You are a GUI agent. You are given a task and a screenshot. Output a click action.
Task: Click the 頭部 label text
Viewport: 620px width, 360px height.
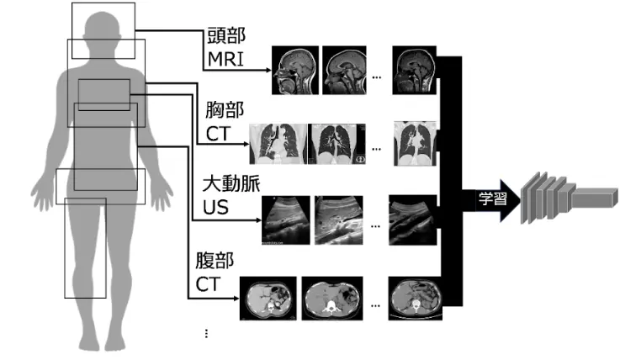coord(226,35)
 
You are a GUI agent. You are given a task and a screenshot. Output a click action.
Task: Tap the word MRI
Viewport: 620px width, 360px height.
coord(225,59)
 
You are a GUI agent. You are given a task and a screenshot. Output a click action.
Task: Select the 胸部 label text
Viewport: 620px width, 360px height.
coord(225,110)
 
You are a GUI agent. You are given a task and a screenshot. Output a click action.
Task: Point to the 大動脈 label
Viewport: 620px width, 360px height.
coord(231,183)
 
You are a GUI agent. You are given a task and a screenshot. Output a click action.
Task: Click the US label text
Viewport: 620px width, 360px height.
coord(216,208)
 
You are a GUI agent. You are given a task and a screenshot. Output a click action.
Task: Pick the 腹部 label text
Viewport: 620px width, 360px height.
coord(215,261)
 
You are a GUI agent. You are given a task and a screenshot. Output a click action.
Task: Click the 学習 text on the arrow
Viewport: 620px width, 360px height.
coord(493,199)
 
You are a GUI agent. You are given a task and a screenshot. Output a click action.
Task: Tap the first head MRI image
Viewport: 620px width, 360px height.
coord(295,71)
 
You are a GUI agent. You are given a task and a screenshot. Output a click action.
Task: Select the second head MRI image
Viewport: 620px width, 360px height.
coord(344,71)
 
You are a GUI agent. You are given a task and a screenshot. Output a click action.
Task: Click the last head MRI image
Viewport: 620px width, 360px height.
coord(415,71)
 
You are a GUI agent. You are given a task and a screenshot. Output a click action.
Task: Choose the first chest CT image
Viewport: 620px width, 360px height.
coord(278,144)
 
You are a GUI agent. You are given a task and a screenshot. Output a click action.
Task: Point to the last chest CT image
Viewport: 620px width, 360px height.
coord(416,144)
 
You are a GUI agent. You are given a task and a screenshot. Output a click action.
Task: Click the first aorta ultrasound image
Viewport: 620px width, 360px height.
coord(286,220)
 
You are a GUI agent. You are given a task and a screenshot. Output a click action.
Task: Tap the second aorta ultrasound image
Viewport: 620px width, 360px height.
coord(339,220)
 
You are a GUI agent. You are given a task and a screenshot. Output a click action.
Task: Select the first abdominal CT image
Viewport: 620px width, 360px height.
coord(268,299)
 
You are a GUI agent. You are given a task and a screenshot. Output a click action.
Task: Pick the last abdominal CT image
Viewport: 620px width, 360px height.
coord(416,299)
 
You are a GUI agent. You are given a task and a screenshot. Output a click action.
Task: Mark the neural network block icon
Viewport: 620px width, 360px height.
coord(569,198)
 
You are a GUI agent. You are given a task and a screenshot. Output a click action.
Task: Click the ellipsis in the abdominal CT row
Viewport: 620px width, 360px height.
coord(376,306)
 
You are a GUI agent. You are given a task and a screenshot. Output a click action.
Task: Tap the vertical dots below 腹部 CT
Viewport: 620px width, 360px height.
coord(206,333)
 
